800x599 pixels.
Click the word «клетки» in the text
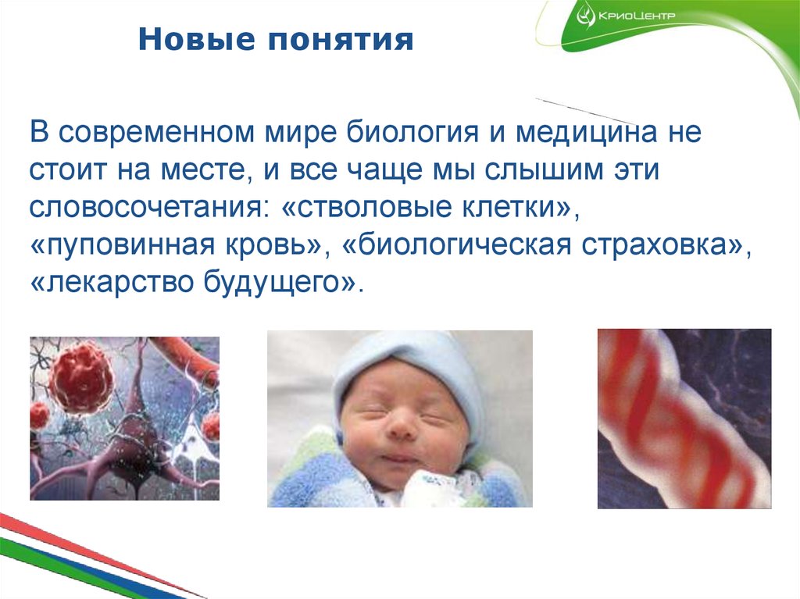(504, 207)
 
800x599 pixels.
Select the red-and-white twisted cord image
(684, 418)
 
